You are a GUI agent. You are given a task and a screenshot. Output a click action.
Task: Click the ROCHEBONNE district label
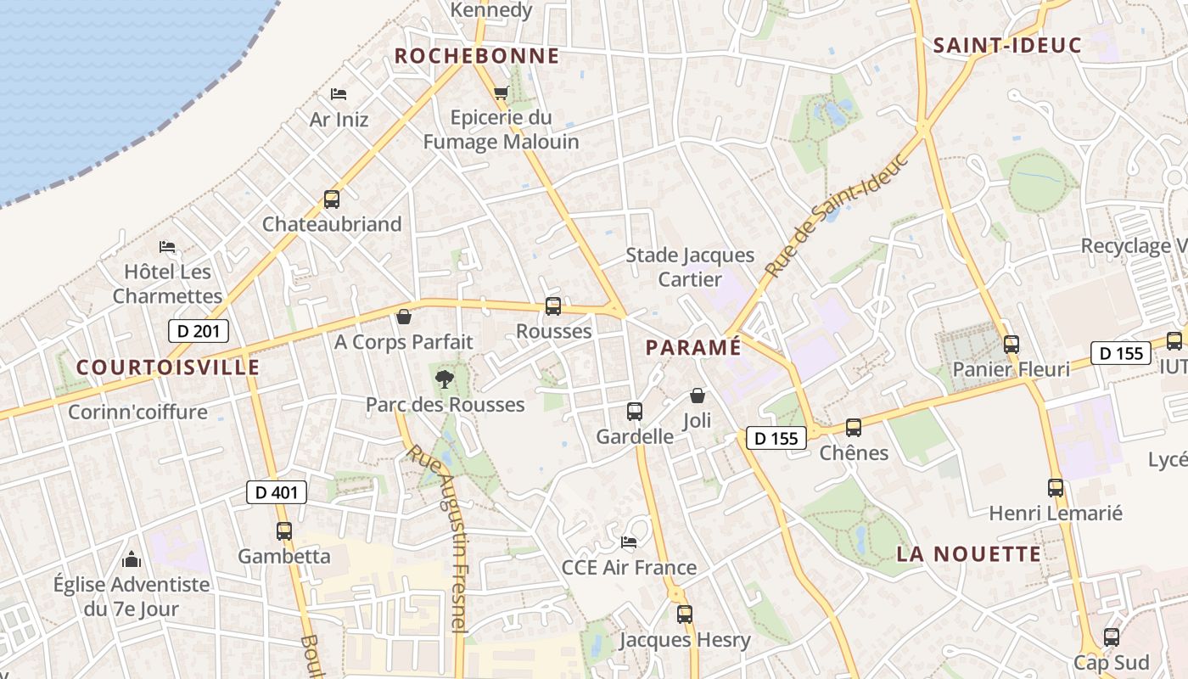477,56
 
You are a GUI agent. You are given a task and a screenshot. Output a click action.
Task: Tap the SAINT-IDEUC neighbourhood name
1007,45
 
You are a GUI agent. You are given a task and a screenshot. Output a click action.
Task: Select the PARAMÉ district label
693,347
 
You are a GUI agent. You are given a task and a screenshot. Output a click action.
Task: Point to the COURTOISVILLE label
168,367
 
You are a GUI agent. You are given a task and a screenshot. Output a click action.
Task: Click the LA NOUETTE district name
969,554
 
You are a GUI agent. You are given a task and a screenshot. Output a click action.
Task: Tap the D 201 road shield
198,331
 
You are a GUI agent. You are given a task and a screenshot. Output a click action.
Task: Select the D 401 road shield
277,491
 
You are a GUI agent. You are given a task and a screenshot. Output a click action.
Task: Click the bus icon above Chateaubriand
331,200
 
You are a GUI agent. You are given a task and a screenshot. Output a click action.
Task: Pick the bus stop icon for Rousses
553,306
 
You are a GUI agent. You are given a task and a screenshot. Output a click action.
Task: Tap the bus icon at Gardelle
634,412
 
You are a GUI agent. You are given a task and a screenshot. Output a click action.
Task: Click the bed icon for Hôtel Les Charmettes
167,248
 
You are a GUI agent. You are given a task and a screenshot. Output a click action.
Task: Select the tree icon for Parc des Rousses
444,379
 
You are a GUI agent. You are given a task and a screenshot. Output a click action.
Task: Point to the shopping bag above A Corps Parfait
404,317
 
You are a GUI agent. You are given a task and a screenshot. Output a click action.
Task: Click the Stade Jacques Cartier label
690,267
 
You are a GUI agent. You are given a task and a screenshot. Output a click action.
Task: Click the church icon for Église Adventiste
132,559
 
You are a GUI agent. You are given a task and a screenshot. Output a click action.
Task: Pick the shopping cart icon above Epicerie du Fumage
501,93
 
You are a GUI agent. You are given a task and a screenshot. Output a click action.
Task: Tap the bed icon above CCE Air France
629,542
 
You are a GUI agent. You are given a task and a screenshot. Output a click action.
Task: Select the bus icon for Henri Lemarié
1056,488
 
